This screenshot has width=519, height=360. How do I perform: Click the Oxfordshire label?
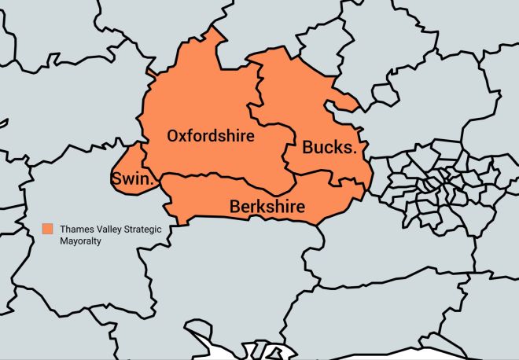tap(211, 135)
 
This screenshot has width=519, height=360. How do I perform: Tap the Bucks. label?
tap(329, 147)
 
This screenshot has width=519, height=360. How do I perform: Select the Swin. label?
tap(132, 179)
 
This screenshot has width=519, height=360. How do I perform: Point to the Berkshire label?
tap(267, 207)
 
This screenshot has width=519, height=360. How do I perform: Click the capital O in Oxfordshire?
tap(174, 135)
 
